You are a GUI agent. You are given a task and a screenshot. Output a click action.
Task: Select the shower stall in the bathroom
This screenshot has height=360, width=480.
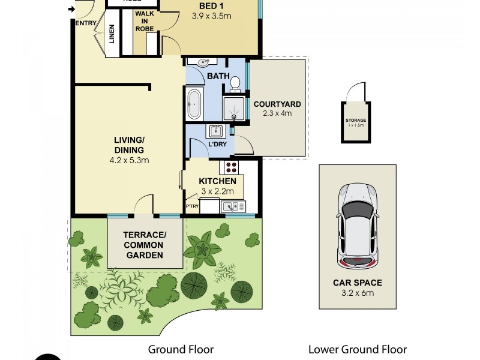235,109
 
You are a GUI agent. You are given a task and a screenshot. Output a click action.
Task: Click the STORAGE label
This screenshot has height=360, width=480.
355,120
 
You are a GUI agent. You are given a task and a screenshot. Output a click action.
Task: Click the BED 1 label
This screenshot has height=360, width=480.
212,7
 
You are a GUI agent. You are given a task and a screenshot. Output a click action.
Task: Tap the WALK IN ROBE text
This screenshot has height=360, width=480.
144,21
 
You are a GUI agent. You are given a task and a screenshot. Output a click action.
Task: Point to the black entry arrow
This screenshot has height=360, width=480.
72,9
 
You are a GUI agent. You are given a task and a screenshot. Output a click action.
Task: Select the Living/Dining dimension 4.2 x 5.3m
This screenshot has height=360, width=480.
129,160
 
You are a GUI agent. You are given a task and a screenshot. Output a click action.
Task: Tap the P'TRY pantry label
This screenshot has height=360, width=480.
192,207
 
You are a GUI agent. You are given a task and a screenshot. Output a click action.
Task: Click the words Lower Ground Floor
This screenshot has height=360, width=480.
357,349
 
